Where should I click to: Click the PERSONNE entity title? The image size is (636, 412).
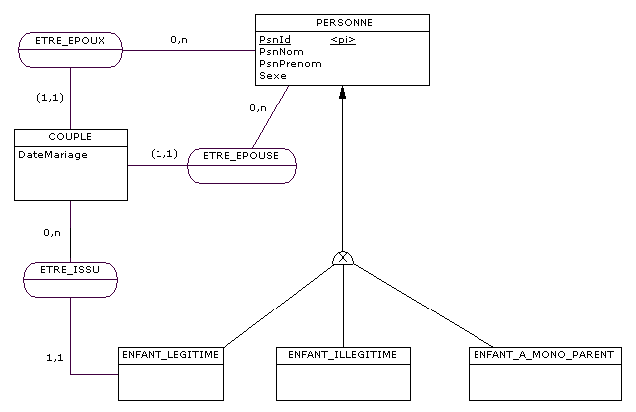click(342, 22)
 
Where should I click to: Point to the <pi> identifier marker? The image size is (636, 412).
click(343, 40)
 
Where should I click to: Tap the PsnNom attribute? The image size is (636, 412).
click(281, 51)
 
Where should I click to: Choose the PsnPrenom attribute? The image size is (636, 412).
click(290, 63)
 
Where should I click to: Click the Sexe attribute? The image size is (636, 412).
click(272, 75)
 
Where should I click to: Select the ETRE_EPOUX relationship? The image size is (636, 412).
click(70, 42)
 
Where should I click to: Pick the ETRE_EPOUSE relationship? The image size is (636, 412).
click(241, 156)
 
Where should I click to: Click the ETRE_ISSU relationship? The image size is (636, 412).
click(70, 270)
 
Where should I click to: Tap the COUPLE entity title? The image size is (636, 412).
click(70, 136)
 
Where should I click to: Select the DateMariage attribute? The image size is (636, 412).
click(52, 154)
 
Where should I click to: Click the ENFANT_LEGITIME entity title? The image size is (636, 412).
click(169, 354)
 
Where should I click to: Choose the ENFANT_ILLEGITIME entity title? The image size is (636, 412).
click(343, 354)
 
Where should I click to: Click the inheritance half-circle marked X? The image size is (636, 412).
click(343, 259)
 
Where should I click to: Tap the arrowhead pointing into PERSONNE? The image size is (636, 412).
click(343, 94)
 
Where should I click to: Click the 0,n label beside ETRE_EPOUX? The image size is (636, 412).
click(179, 40)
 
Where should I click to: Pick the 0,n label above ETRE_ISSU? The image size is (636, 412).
click(52, 232)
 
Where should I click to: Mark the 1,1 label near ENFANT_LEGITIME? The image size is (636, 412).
click(57, 356)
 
